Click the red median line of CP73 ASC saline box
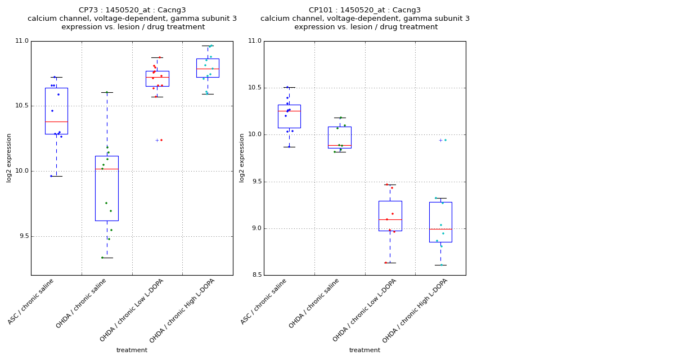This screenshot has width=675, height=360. click(56, 121)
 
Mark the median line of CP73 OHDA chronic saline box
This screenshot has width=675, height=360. click(107, 169)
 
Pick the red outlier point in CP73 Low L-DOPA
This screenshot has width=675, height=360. click(161, 140)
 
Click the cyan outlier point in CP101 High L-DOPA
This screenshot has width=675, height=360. click(445, 140)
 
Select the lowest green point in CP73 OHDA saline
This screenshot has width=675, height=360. click(102, 258)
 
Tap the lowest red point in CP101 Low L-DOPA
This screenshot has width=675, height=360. click(386, 263)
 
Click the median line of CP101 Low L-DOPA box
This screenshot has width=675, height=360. click(390, 219)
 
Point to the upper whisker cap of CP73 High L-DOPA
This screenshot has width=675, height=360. click(208, 46)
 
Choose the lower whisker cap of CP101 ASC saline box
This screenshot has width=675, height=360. click(289, 147)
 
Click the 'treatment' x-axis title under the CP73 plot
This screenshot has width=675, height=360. click(132, 350)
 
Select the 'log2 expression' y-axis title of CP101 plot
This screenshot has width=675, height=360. click(242, 157)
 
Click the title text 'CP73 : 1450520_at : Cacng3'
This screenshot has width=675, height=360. click(132, 10)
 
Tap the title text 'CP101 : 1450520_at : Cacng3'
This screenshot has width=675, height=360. click(364, 10)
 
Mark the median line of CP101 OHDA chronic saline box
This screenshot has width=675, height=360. click(339, 145)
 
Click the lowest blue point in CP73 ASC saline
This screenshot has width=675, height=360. click(51, 176)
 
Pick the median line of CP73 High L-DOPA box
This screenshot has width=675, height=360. click(208, 69)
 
